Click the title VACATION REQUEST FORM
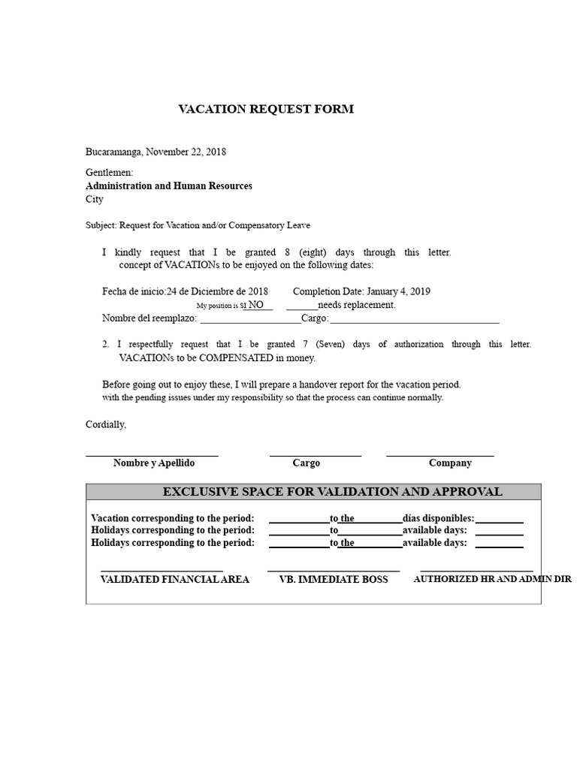pyautogui.click(x=265, y=109)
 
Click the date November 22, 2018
pyautogui.click(x=186, y=152)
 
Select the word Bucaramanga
pyautogui.click(x=113, y=152)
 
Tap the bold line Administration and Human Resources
pyautogui.click(x=169, y=185)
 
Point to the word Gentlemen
pyautogui.click(x=109, y=173)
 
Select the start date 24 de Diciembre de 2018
pyautogui.click(x=217, y=291)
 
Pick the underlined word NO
pyautogui.click(x=256, y=305)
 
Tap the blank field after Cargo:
pyautogui.click(x=414, y=318)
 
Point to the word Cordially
pyautogui.click(x=106, y=425)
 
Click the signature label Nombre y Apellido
pyautogui.click(x=154, y=463)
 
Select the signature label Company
pyautogui.click(x=450, y=463)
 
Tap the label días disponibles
pyautogui.click(x=438, y=518)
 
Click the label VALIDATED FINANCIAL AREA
pyautogui.click(x=175, y=580)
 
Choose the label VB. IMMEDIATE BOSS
pyautogui.click(x=334, y=580)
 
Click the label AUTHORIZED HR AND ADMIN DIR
pyautogui.click(x=493, y=580)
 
